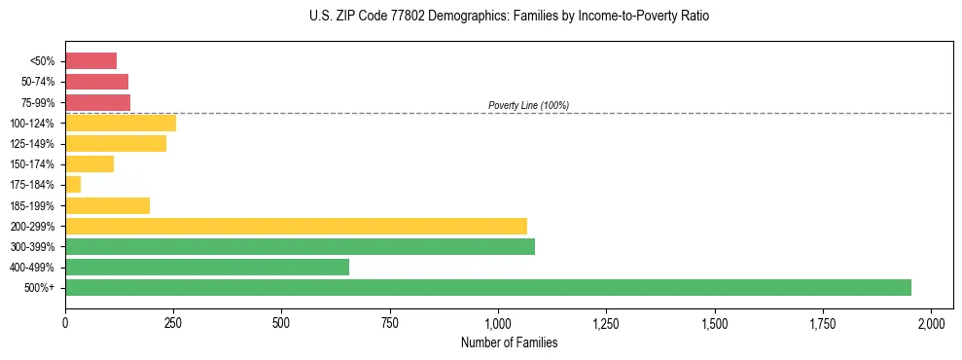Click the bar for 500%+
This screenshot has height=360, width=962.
coord(487,287)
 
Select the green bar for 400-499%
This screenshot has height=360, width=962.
coord(207,267)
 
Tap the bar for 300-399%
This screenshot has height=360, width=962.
coord(300,246)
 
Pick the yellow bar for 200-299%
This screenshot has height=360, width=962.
coord(296,226)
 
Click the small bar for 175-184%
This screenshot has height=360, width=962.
coord(73,184)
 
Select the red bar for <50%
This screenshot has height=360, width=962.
coord(90,60)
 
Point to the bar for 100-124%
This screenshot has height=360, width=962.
coord(121,123)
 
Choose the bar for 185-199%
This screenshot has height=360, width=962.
coord(107,205)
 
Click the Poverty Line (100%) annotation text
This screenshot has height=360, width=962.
coord(528,105)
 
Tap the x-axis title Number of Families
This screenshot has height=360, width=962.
coord(509,342)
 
